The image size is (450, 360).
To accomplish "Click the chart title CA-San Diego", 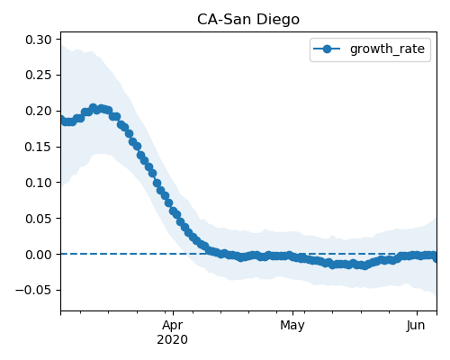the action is (x=248, y=20).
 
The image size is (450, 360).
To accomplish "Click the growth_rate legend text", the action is (x=387, y=49).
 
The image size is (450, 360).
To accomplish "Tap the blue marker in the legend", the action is (x=327, y=49).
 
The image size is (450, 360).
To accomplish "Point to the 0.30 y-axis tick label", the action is (x=39, y=40).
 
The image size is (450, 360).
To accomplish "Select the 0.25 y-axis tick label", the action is (x=39, y=76).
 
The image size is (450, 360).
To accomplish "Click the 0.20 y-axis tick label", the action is (x=39, y=111).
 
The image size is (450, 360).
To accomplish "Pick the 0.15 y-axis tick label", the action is (x=39, y=147).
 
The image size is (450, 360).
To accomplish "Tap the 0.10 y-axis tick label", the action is (x=39, y=183).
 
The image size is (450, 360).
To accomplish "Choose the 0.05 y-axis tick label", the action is (x=39, y=219).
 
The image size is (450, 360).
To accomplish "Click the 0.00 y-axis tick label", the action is (x=39, y=255).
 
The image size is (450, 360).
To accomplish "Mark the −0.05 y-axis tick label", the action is (x=33, y=291).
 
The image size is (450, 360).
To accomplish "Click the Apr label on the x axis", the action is (x=173, y=326).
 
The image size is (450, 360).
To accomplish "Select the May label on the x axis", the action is (x=292, y=326).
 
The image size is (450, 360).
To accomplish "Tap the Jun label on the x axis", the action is (x=416, y=326).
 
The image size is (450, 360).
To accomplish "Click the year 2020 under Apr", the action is (x=172, y=339).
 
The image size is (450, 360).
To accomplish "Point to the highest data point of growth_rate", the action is (x=93, y=108).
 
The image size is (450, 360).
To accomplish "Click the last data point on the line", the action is (x=436, y=257).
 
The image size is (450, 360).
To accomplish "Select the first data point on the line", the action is (x=61, y=119).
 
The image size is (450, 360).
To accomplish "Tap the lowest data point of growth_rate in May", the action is (x=364, y=265).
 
